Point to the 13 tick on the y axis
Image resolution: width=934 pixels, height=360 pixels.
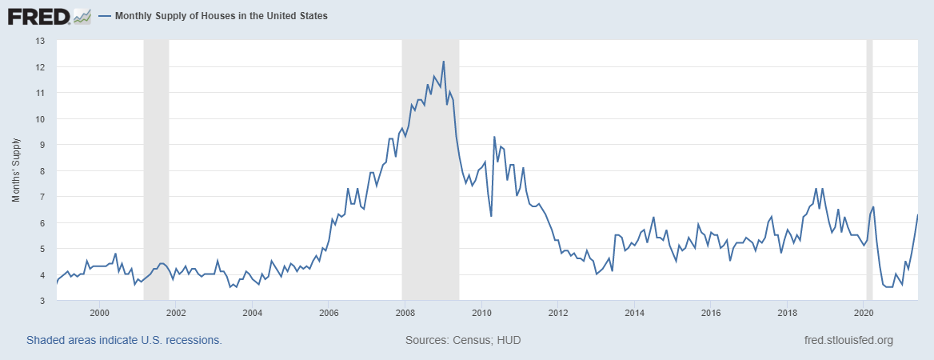[x=41, y=41]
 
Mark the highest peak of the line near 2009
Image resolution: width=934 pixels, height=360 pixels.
[x=443, y=62]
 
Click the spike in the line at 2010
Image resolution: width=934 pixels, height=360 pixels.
[x=494, y=137]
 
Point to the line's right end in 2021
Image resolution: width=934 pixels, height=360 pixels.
[x=917, y=215]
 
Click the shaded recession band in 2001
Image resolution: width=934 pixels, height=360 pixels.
[x=156, y=160]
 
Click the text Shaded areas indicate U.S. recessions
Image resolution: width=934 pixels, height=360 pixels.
[x=124, y=340]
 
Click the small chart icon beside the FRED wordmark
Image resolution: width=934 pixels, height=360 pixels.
[x=82, y=15]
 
